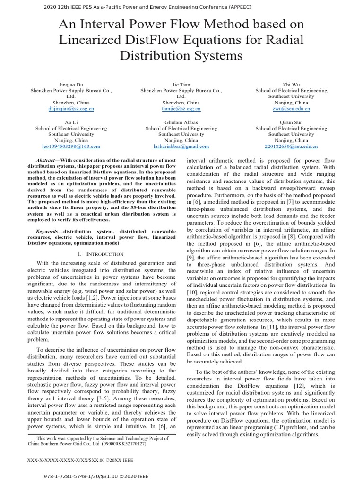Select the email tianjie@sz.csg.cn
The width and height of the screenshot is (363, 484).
181,109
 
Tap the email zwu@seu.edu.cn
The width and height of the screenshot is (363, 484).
291,109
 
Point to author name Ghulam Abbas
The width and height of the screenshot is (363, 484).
181,122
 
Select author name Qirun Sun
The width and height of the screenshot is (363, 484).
291,122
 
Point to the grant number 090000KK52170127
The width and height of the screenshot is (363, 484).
122,444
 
